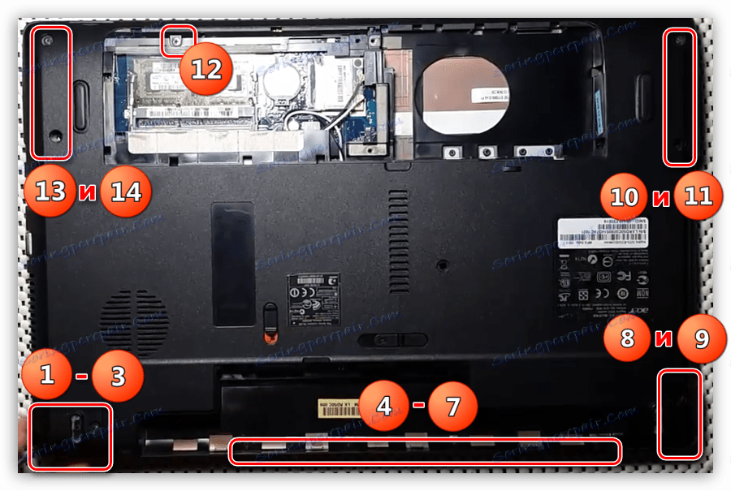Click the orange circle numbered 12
[206, 68]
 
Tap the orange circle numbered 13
[50, 192]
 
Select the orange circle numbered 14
[126, 193]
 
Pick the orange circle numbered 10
[625, 196]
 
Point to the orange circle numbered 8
[627, 338]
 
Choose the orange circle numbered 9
[699, 338]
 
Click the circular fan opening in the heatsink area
[464, 95]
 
